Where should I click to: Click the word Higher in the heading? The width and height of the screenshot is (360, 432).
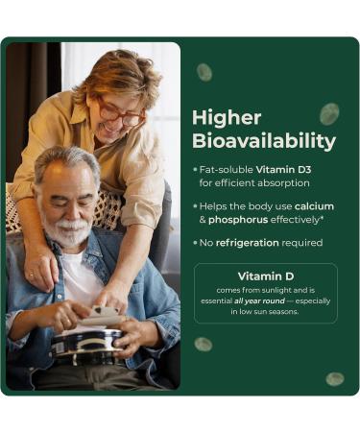coord(227,117)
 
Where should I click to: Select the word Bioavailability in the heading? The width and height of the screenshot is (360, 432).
coord(263,142)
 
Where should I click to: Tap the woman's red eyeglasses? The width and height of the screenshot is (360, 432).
coord(123,111)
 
